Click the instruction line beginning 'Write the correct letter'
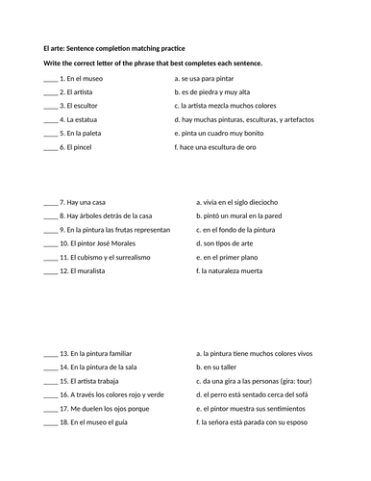[x=152, y=63]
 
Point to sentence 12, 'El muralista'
[x=83, y=272]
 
